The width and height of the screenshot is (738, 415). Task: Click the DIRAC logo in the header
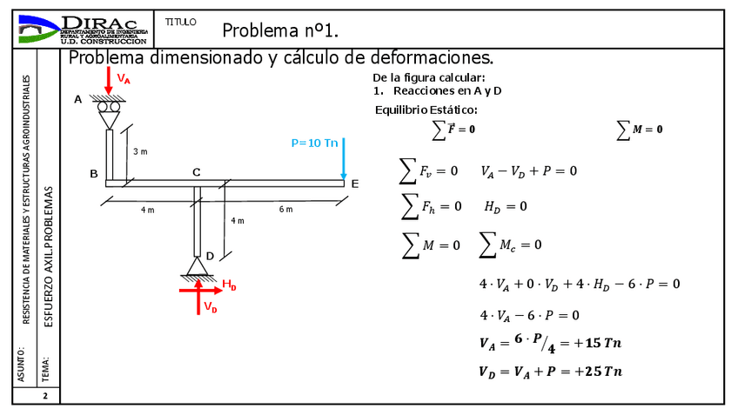pos(83,29)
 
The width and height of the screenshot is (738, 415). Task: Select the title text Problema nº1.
pos(279,31)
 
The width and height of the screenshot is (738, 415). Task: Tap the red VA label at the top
pos(124,80)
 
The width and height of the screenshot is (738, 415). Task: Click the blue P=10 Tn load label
pos(314,143)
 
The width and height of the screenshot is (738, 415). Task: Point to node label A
pos(77,100)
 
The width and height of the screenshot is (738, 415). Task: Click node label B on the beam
pos(93,173)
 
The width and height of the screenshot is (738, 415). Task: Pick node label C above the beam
pos(197,172)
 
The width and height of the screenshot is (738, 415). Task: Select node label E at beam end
pos(354,184)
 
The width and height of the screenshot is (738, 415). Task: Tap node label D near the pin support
pos(210,256)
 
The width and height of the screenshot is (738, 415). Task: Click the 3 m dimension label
pos(140,151)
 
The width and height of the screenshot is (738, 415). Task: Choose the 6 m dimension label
pos(285,210)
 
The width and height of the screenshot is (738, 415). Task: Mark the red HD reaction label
pos(229,284)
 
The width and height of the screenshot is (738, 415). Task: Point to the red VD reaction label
pos(211,307)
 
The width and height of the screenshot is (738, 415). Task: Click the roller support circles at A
pos(109,108)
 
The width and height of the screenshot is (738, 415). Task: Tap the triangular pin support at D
pos(198,266)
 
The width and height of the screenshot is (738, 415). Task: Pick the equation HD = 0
pos(506,206)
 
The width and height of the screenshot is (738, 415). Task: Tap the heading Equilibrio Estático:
pos(426,110)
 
